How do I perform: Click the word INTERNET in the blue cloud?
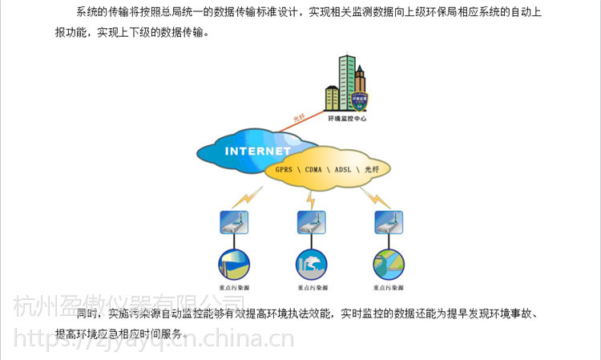tap(257, 151)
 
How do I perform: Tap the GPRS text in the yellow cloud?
tap(284, 171)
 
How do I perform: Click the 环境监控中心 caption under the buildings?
tap(346, 118)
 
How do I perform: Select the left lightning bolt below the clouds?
tap(249, 195)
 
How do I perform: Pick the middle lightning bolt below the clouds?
tap(310, 197)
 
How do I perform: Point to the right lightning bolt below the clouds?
tap(371, 196)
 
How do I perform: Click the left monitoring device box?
tap(235, 223)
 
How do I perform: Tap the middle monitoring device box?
tap(311, 223)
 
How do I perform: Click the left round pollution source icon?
tap(235, 264)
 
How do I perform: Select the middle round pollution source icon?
tap(311, 264)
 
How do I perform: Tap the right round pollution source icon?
tap(389, 264)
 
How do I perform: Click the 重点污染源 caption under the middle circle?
tap(311, 287)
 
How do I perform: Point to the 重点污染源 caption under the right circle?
tap(389, 287)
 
